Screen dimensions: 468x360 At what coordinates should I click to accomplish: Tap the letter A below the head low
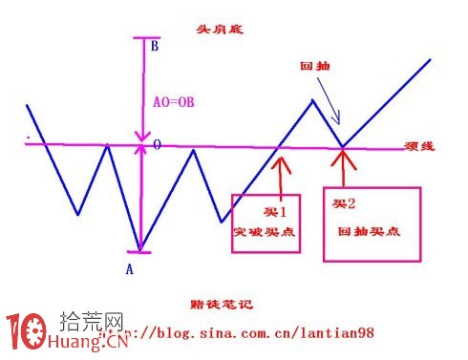130,269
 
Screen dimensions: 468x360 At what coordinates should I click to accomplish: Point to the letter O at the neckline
157,146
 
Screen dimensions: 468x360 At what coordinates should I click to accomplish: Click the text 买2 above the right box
343,204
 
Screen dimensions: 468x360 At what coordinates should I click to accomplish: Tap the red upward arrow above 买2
343,170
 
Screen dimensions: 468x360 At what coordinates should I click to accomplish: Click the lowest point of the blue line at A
140,251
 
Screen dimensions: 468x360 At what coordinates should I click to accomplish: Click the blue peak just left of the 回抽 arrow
311,100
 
